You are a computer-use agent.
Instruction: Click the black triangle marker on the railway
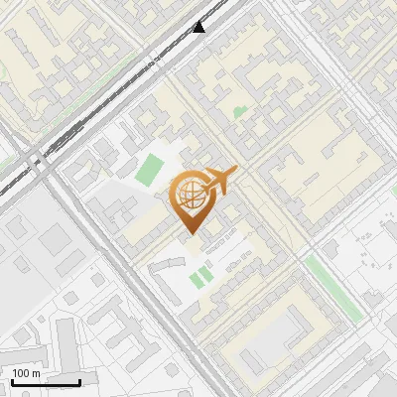click(199, 27)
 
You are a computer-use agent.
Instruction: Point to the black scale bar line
click(46, 382)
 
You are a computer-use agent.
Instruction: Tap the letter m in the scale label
click(36, 373)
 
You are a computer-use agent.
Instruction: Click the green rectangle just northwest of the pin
click(151, 169)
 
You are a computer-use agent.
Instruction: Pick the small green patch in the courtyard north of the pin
click(239, 112)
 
